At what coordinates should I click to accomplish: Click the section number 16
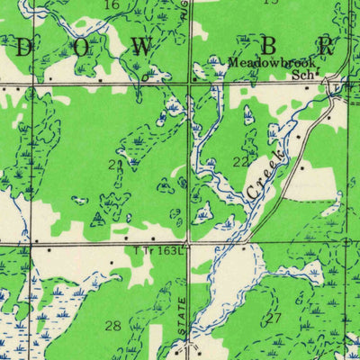tap(112, 5)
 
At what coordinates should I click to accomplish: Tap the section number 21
tap(139, 165)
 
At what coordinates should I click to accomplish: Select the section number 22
tap(240, 161)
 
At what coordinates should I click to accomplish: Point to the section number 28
tap(113, 325)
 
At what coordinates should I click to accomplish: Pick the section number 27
tap(274, 318)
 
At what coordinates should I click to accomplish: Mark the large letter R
tap(326, 45)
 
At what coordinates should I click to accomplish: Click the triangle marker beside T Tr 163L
tap(186, 243)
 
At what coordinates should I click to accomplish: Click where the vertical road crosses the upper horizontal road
tap(189, 85)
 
